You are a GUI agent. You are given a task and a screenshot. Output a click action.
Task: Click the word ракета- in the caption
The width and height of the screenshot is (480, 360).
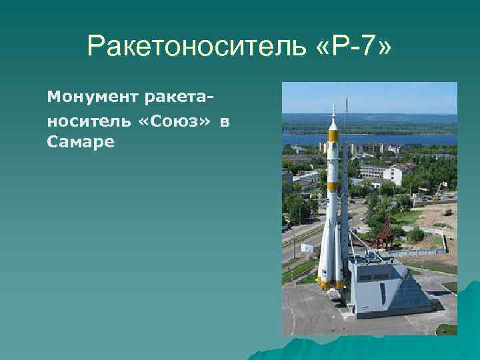(175, 99)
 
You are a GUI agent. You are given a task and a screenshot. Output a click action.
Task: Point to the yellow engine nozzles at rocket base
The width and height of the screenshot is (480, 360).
(330, 284)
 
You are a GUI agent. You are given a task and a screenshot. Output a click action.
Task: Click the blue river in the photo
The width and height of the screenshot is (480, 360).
(400, 139)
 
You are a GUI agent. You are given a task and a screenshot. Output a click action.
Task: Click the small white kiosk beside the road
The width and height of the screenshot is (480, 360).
(307, 247)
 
